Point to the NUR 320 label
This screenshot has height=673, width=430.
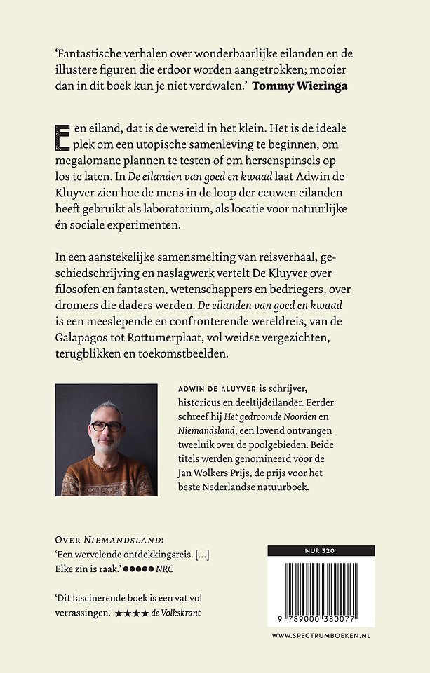coord(321,550)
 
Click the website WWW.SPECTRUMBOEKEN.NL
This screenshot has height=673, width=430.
coord(321,635)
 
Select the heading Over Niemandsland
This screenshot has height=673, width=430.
coord(109,540)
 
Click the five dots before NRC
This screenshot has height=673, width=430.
coord(140,569)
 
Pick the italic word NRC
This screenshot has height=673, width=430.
coord(166,569)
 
